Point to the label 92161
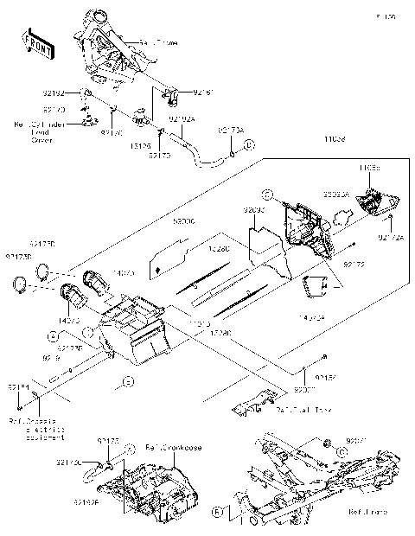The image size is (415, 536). click(x=202, y=91)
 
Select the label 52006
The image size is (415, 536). click(x=183, y=221)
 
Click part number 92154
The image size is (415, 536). click(x=18, y=386)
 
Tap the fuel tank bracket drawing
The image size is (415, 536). click(x=254, y=401)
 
